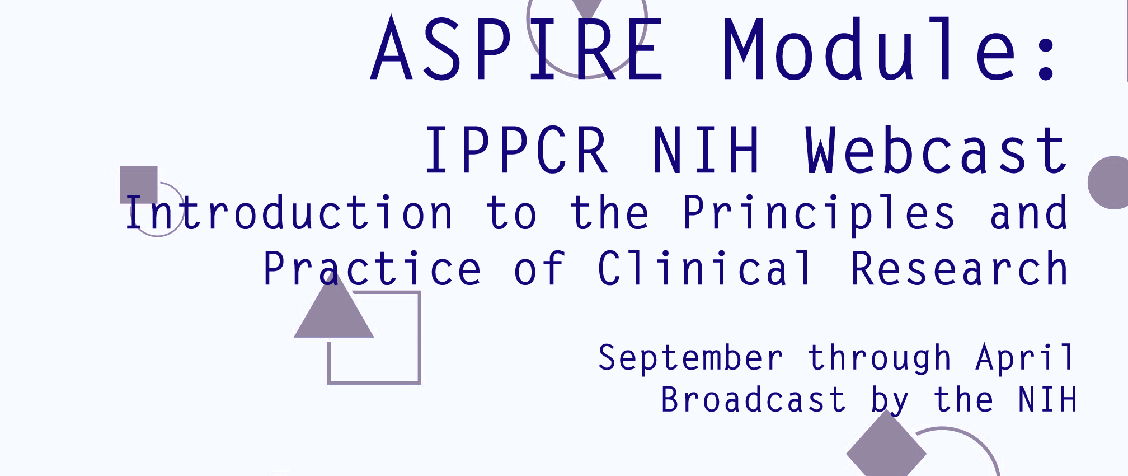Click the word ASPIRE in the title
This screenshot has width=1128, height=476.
pyautogui.click(x=516, y=49)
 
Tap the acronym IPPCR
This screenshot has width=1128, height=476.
pyautogui.click(x=516, y=150)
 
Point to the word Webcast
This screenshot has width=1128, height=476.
pyautogui.click(x=936, y=150)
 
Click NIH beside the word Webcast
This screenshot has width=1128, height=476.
pyautogui.click(x=706, y=150)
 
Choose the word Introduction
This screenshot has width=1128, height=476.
pyautogui.click(x=289, y=212)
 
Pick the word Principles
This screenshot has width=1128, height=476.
pyautogui.click(x=819, y=213)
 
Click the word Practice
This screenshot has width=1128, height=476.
pyautogui.click(x=372, y=268)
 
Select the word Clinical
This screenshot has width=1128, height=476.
pyautogui.click(x=705, y=268)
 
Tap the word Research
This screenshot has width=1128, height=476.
pyautogui.click(x=959, y=268)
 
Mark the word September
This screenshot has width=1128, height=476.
pyautogui.click(x=690, y=358)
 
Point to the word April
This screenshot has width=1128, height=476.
pyautogui.click(x=1024, y=358)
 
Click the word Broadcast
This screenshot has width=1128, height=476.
pyautogui.click(x=753, y=399)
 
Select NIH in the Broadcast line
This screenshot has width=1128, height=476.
pyautogui.click(x=1047, y=399)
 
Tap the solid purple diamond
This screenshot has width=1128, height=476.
pyautogui.click(x=886, y=448)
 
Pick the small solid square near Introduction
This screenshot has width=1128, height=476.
pyautogui.click(x=139, y=185)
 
